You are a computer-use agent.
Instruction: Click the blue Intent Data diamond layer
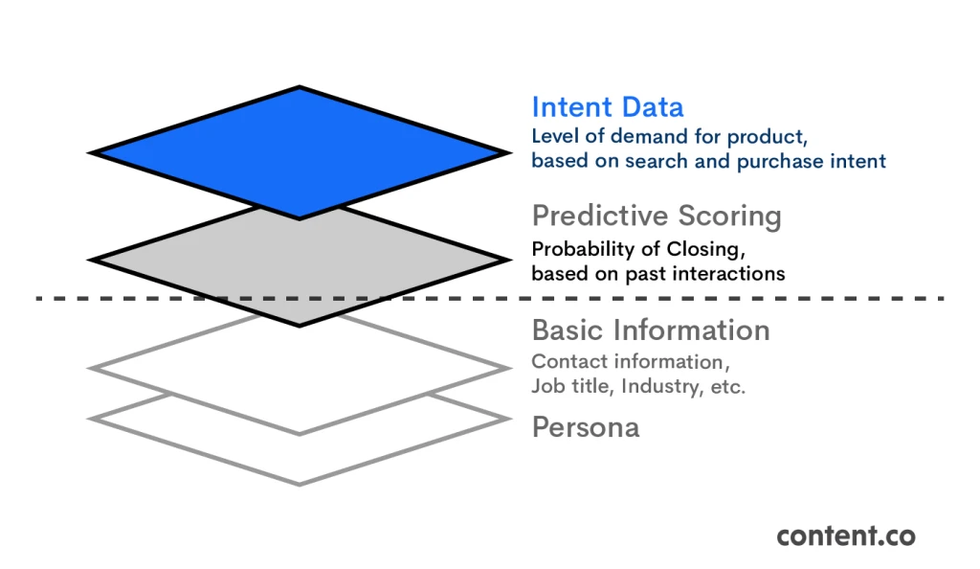pos(299,152)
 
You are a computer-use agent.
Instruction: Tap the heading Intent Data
pos(608,106)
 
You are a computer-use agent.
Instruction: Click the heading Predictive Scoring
pos(657,216)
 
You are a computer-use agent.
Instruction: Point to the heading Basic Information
pos(651,330)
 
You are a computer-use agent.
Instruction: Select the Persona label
pos(586,426)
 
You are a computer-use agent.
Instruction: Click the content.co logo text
pos(845,535)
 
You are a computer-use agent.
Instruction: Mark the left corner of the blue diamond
pos(91,152)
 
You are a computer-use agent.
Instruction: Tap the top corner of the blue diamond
pos(299,87)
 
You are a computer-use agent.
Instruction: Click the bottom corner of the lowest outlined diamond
pos(299,483)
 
